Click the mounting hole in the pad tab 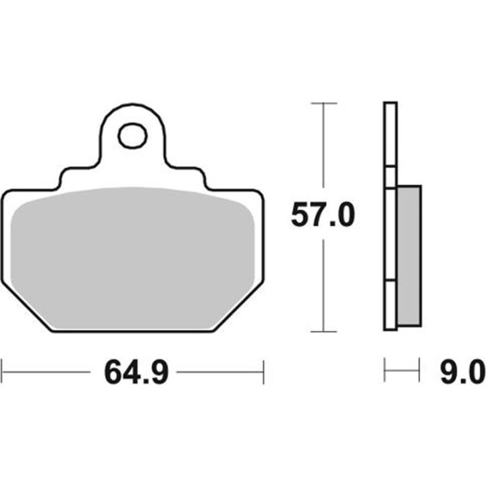(x=132, y=136)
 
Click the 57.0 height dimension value (x=323, y=215)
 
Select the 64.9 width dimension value (x=136, y=372)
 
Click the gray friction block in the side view (x=409, y=255)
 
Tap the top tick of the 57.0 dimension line (x=324, y=103)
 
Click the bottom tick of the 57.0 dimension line (x=324, y=331)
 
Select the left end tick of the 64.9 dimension (x=2, y=372)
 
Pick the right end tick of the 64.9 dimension (x=263, y=372)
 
